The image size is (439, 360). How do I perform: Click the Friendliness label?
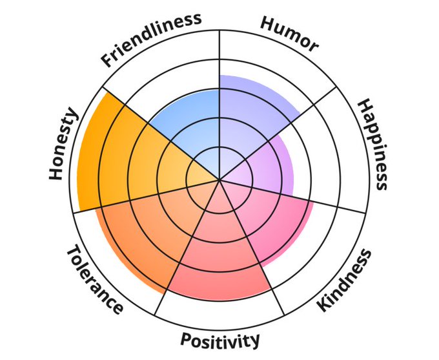[150, 38]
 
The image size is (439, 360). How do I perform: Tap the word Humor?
[289, 33]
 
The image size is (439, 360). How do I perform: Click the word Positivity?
[220, 339]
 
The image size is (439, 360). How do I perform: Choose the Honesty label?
[63, 145]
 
